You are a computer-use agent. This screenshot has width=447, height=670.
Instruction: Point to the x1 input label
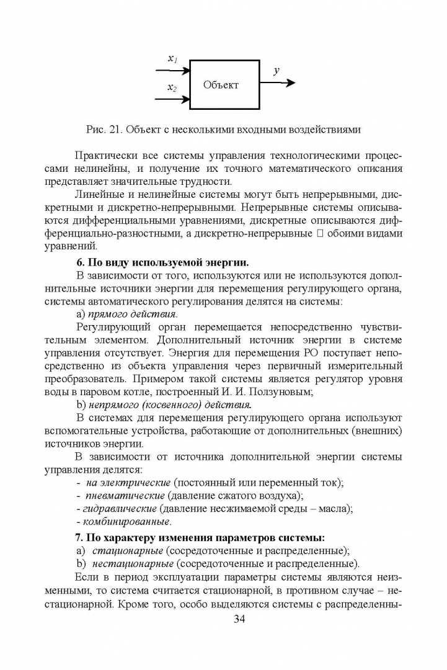pos(173,60)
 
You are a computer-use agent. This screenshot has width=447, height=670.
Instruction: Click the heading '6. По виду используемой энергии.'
pos(166,261)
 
